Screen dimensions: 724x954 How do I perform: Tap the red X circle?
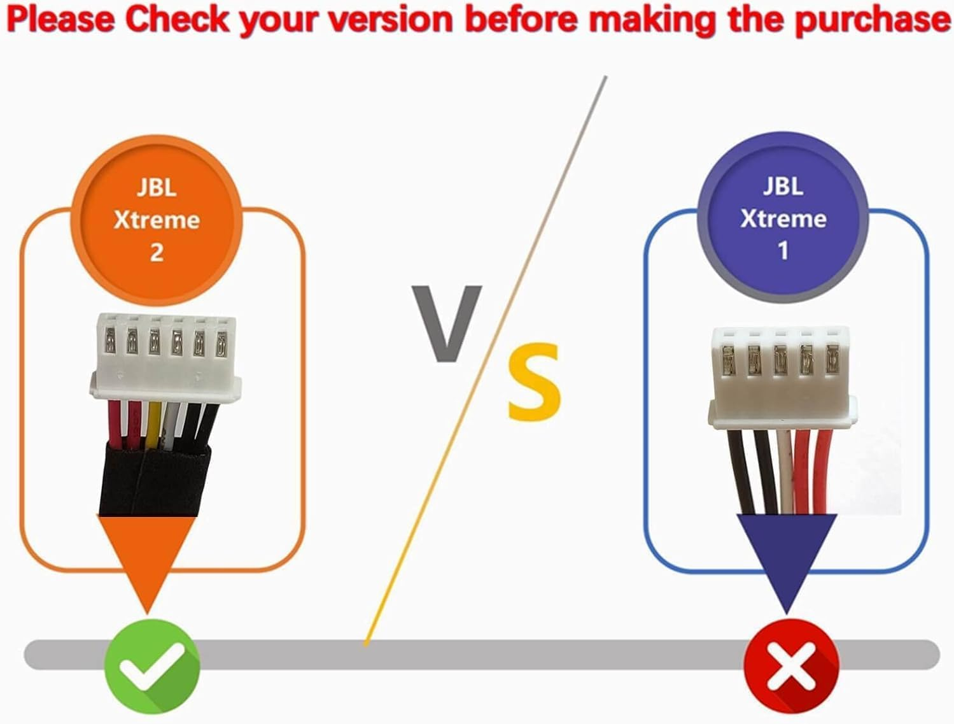click(791, 664)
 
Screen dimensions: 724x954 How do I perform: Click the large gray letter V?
click(445, 322)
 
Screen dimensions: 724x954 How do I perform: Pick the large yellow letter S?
click(535, 381)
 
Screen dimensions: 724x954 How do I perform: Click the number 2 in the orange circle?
click(157, 253)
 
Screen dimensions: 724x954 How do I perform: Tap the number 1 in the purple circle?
click(783, 251)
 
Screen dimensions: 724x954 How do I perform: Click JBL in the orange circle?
click(157, 188)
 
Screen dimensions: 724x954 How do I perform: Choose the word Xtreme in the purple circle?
click(783, 219)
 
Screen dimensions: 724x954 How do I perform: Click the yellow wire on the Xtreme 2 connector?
click(153, 425)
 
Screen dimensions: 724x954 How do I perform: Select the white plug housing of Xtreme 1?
click(780, 376)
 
